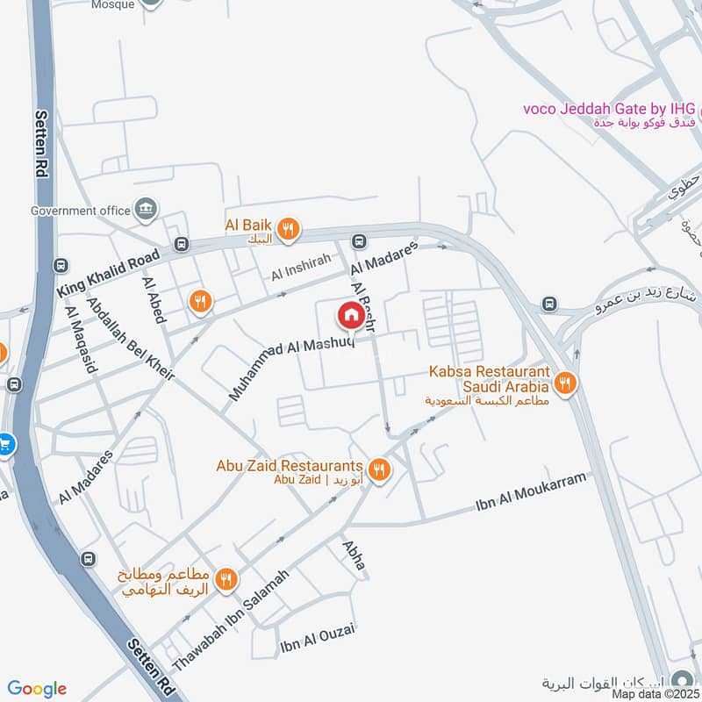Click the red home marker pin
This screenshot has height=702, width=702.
[x=350, y=313]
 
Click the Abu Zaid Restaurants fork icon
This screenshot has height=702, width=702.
[x=379, y=470]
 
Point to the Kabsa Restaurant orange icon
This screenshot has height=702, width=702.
[x=565, y=383]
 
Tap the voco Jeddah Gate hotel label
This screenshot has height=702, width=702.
[x=609, y=109]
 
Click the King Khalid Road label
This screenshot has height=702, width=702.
[x=109, y=273]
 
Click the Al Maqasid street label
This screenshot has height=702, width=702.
[x=80, y=340]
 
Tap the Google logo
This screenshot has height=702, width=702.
[x=37, y=689]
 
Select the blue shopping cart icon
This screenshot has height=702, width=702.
[x=4, y=444]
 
